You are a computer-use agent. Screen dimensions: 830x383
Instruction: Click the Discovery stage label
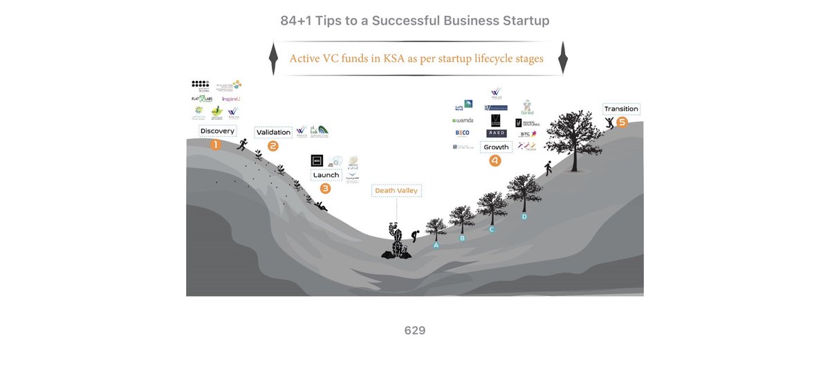217,131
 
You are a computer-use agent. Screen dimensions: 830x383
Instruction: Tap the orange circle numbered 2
273,146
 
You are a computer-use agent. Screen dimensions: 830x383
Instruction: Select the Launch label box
326,175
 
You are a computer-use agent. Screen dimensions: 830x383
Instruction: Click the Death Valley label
396,190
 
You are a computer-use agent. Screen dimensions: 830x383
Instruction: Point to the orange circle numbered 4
495,160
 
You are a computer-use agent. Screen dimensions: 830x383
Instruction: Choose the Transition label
621,109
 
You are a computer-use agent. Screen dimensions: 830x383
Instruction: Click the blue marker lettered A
436,245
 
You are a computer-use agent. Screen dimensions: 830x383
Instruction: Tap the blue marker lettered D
524,216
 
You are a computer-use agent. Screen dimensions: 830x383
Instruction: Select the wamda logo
462,120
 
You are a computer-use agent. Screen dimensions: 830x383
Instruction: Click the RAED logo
496,133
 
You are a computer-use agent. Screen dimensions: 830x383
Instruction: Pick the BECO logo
462,133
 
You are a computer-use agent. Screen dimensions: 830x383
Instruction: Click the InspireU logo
230,99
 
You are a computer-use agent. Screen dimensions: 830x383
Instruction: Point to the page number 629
415,330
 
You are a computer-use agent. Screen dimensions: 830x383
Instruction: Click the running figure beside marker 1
241,144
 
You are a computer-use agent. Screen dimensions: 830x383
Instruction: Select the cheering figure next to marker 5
609,123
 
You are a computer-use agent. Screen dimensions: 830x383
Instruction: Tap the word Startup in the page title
520,21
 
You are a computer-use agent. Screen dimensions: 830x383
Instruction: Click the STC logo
527,133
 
